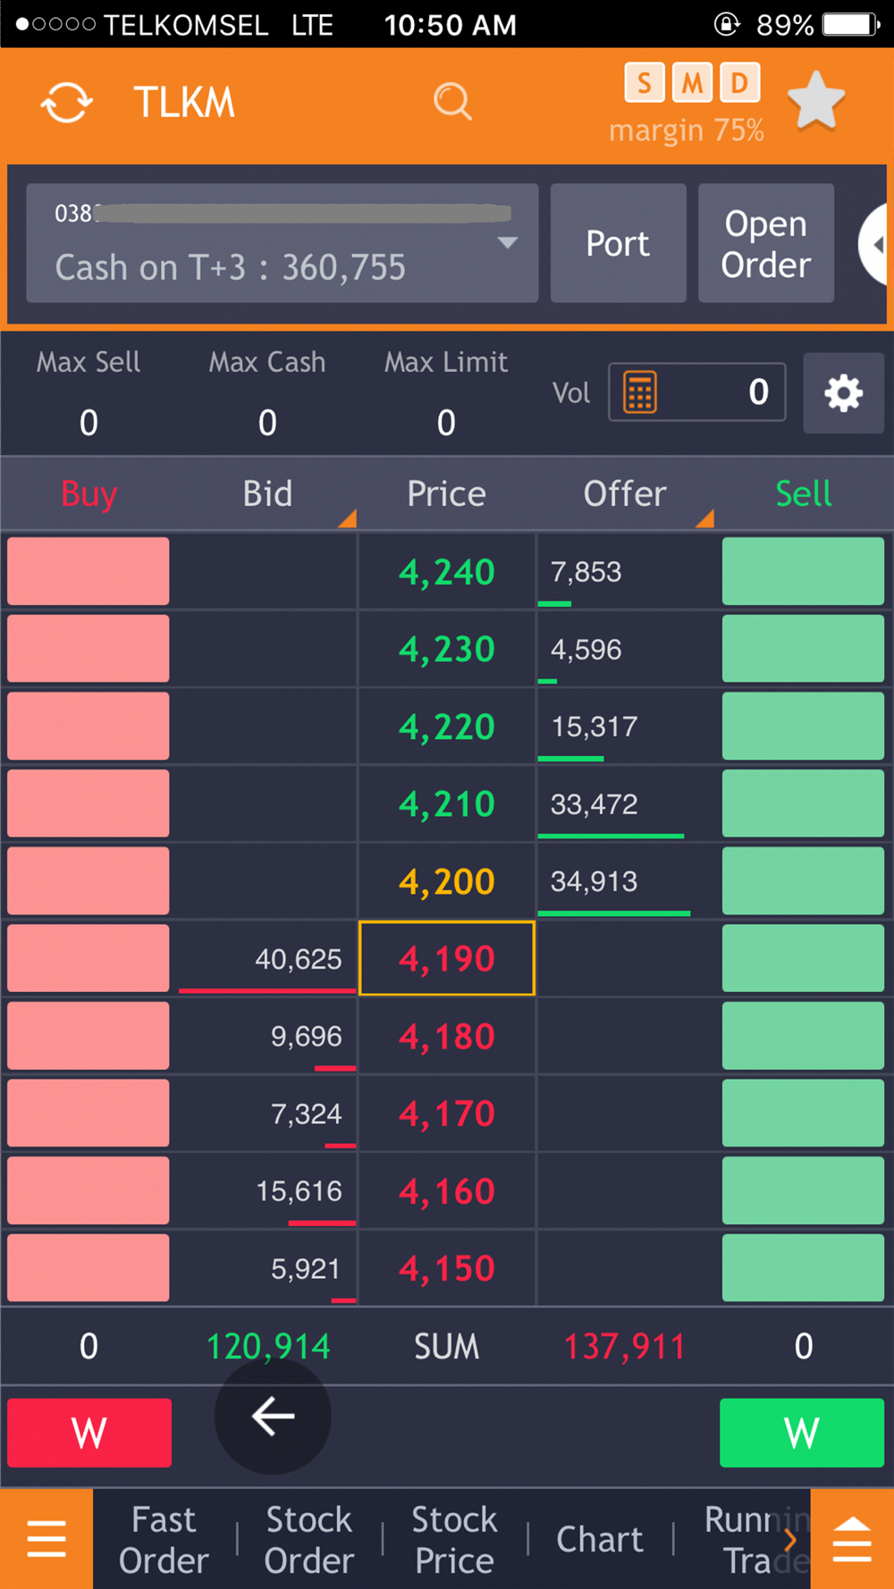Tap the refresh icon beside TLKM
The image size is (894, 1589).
[67, 102]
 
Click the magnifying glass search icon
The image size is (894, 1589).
[452, 101]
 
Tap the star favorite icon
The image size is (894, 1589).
[815, 100]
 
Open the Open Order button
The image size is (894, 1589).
[765, 243]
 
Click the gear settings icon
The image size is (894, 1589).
[843, 393]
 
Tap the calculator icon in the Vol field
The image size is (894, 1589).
[640, 392]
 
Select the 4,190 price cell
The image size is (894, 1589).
[447, 959]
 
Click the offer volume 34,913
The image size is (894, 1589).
[594, 882]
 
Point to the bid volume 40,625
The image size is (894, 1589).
[298, 959]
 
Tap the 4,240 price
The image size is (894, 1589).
[447, 572]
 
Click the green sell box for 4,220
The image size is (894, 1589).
[803, 727]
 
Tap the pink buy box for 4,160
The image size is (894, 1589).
[89, 1191]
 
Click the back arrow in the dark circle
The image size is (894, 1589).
[273, 1417]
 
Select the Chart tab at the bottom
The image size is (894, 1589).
[599, 1539]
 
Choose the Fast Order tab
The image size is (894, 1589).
[164, 1539]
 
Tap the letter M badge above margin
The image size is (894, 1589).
[691, 84]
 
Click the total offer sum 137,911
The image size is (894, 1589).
[624, 1346]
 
